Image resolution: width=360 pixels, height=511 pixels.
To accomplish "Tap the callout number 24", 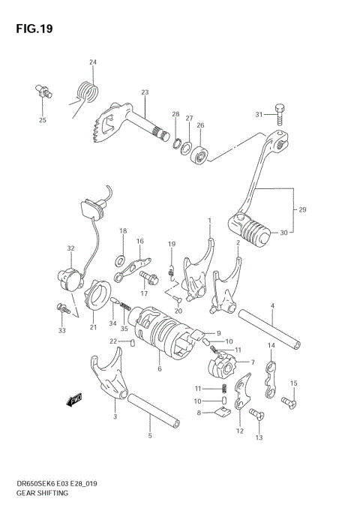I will pos(93,62).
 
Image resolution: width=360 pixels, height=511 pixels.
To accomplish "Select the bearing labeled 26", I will pos(200,156).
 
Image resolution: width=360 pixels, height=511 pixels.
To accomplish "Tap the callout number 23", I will pos(145,92).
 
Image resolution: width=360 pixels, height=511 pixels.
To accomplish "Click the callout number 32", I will pos(70,248).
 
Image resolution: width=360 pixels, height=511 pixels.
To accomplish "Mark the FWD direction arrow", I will pos(75,401).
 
